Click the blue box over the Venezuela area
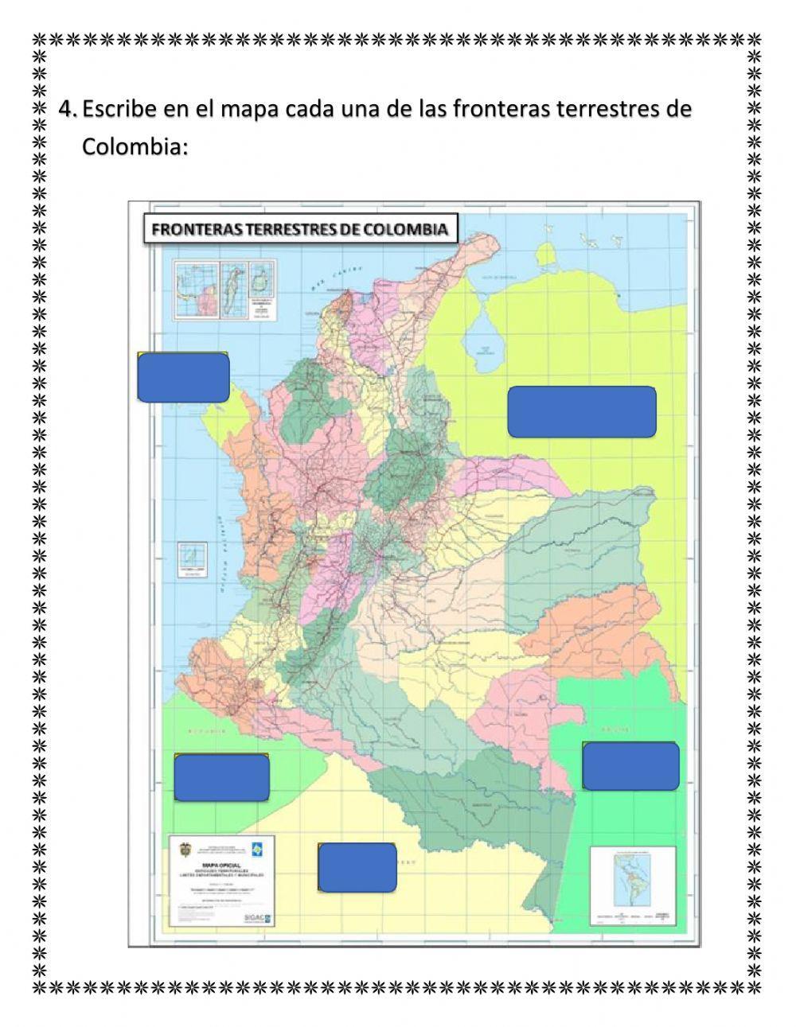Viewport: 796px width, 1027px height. pos(581,411)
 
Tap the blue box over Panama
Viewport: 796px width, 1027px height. pos(183,377)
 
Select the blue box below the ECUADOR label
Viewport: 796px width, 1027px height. pos(221,777)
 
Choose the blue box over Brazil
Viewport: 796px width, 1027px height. pos(630,766)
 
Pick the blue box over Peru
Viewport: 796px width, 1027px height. pos(357,867)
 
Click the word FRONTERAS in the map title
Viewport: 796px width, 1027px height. pos(197,230)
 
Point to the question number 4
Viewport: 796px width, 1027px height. pos(66,109)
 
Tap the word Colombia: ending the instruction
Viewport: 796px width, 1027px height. pos(135,147)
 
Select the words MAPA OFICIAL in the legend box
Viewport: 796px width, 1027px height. pos(223,864)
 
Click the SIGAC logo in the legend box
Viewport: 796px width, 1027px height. pos(261,917)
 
